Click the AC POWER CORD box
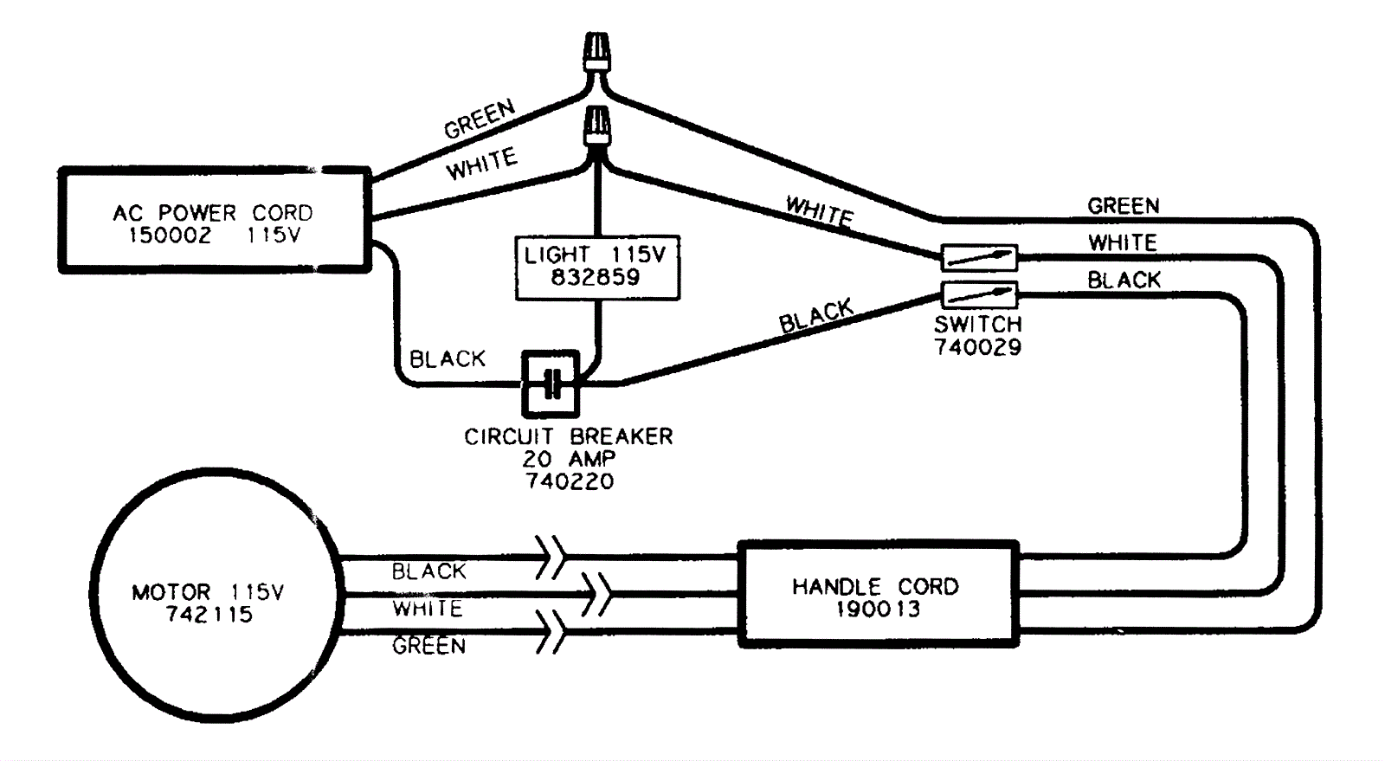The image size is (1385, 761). coord(215,222)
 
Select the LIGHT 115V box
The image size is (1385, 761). coord(596,267)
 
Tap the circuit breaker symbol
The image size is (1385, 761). coord(551,384)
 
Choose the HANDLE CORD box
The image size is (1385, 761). coord(878,595)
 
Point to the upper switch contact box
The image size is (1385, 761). coord(979,257)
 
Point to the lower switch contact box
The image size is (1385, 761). coord(979,295)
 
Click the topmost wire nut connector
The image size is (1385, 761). coord(596,51)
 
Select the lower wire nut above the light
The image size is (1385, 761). coord(597,125)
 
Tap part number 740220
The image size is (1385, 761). coord(570,481)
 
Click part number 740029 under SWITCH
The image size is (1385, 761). coord(977,347)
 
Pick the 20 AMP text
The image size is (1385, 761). coord(569,459)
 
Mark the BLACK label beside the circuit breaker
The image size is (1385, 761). coord(447,358)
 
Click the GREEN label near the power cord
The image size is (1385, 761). coord(479,119)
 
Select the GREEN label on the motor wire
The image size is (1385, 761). coord(428,646)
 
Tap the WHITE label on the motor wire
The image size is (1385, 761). coord(428,609)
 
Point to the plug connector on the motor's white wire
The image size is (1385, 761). coord(596,594)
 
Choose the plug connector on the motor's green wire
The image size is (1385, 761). coord(551,632)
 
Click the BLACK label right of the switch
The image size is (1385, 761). coord(1124,280)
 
